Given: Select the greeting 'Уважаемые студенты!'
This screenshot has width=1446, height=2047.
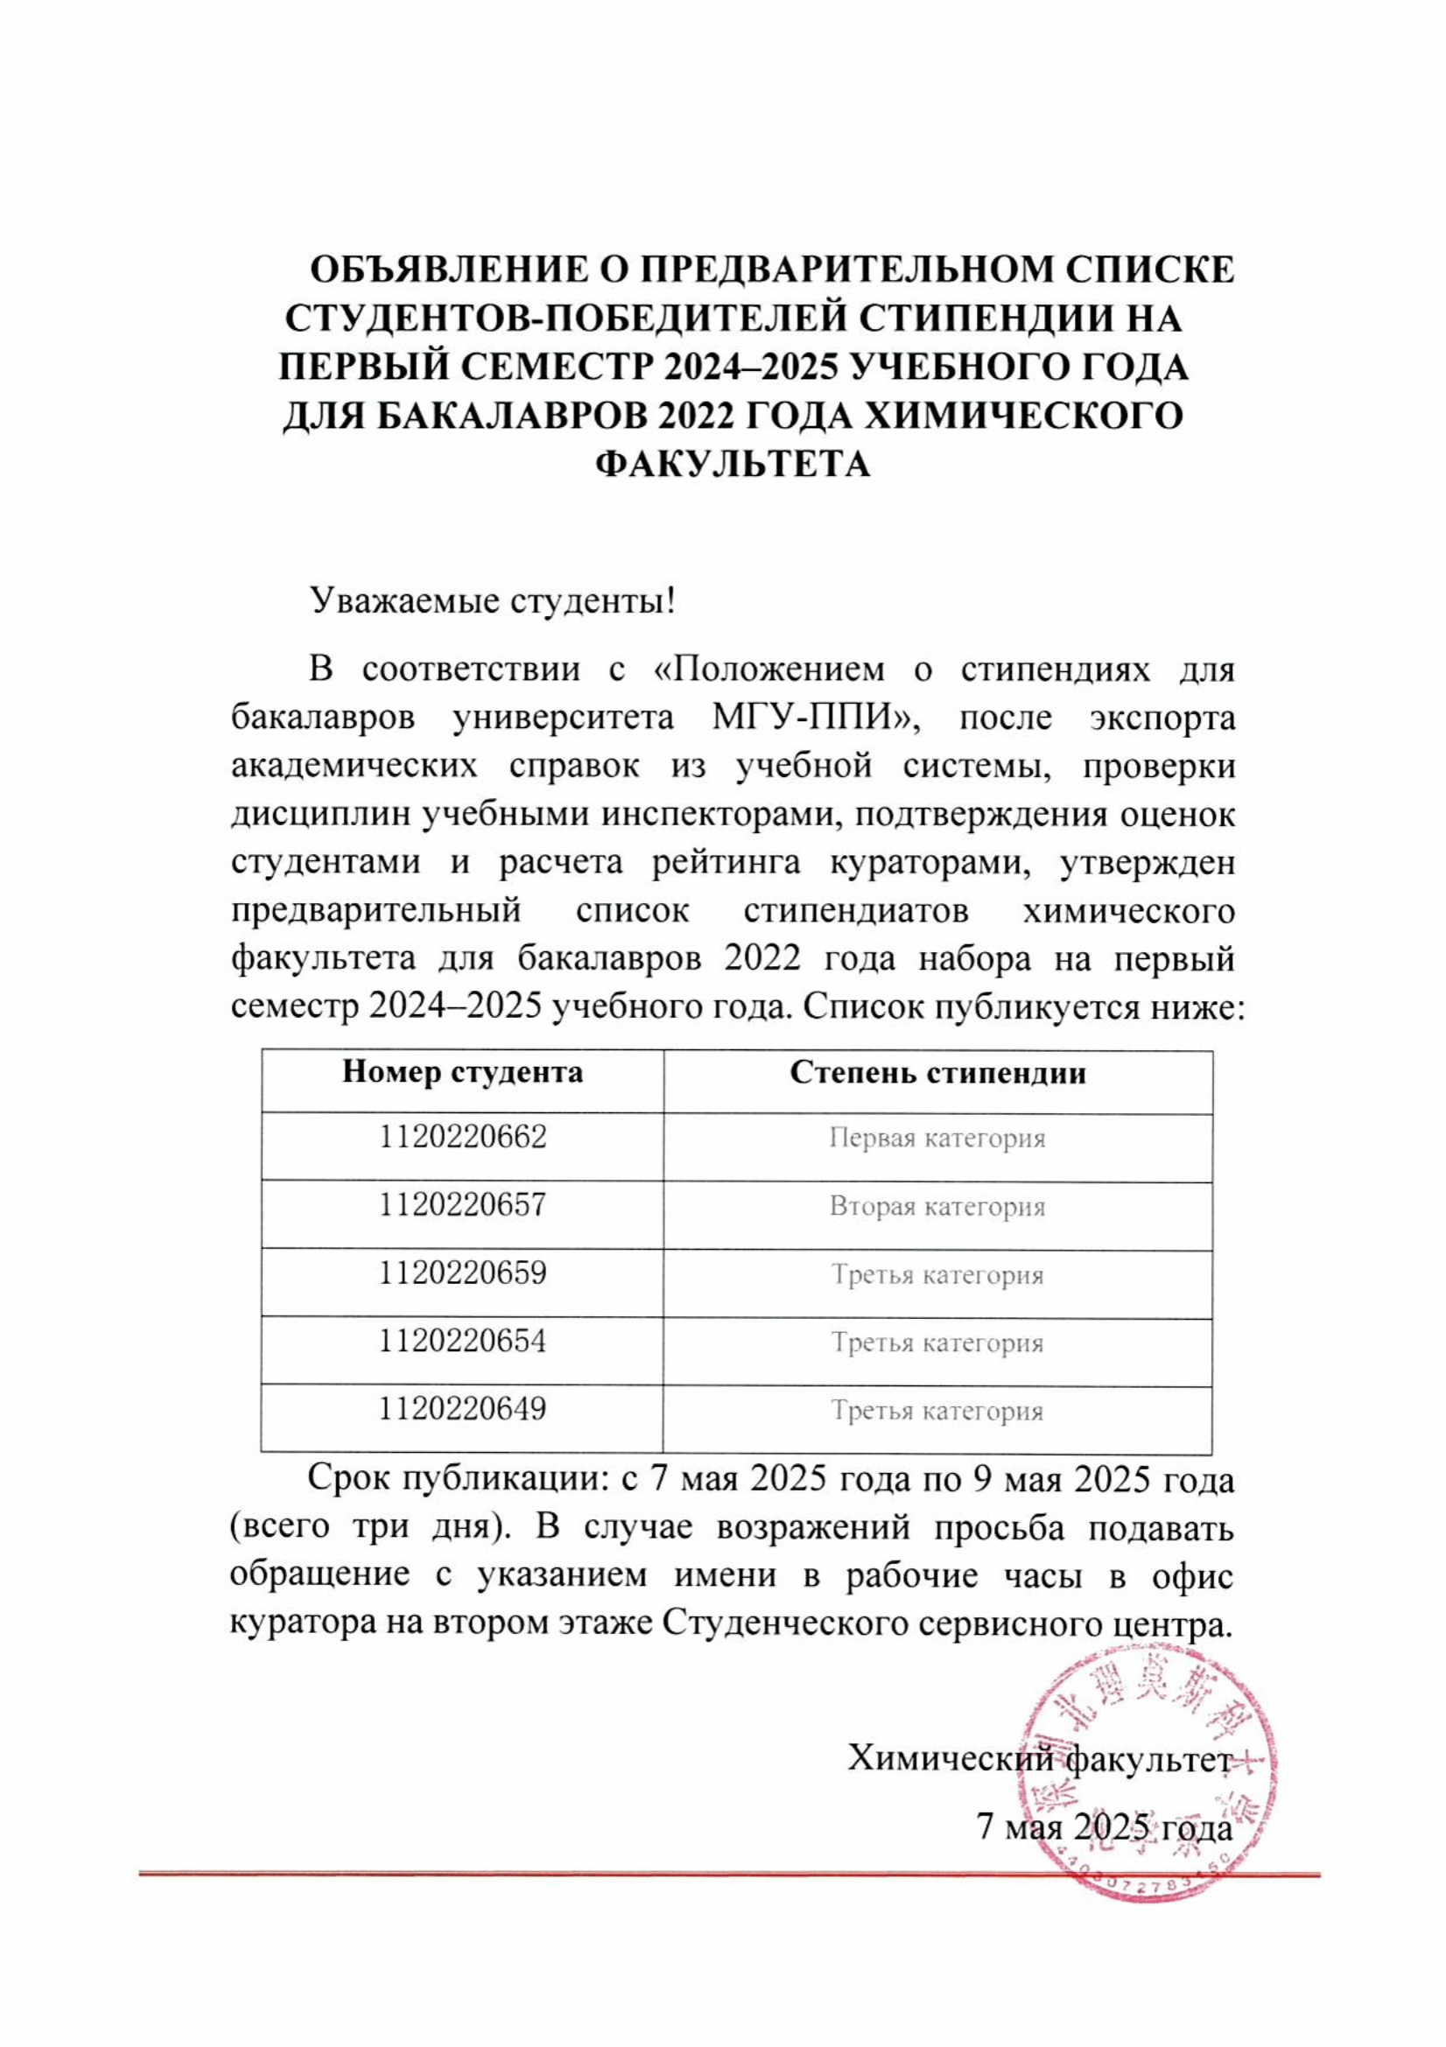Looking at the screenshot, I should (x=492, y=601).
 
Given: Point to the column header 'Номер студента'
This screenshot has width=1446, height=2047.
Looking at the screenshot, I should (x=463, y=1072).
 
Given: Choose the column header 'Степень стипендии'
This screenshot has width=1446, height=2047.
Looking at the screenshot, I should (x=937, y=1072).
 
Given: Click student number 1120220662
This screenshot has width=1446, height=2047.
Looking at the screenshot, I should (x=463, y=1138).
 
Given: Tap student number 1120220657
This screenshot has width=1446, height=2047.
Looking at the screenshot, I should (x=463, y=1205).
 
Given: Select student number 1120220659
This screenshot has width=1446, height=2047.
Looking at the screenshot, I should (x=463, y=1273).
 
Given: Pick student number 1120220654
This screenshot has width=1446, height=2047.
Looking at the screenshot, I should (x=463, y=1342).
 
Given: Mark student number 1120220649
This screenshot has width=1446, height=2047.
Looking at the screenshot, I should (x=463, y=1410).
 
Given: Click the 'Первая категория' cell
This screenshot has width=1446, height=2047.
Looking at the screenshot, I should (x=937, y=1139).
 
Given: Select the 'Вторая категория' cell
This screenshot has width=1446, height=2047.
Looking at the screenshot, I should (x=937, y=1207).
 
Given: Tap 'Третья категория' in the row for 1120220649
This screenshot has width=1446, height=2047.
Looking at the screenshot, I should (x=937, y=1412).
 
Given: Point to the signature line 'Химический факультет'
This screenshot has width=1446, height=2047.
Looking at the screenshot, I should (x=1040, y=1758).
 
